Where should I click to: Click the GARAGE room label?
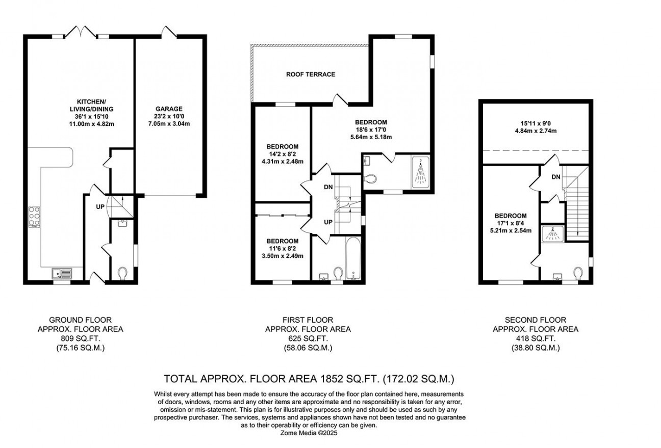(x=169, y=109)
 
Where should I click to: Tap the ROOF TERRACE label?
(x=311, y=74)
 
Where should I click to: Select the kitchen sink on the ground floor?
(x=63, y=274)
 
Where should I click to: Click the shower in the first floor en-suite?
(x=420, y=172)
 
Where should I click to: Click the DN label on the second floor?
(x=557, y=177)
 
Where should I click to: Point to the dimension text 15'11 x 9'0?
(x=535, y=122)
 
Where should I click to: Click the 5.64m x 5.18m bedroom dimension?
(x=371, y=137)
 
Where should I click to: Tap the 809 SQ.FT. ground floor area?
(x=80, y=338)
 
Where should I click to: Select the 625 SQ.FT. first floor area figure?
(x=308, y=338)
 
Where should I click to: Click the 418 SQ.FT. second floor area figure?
(x=536, y=338)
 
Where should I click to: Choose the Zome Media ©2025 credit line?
(x=309, y=433)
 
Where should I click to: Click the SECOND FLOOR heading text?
(x=536, y=320)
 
